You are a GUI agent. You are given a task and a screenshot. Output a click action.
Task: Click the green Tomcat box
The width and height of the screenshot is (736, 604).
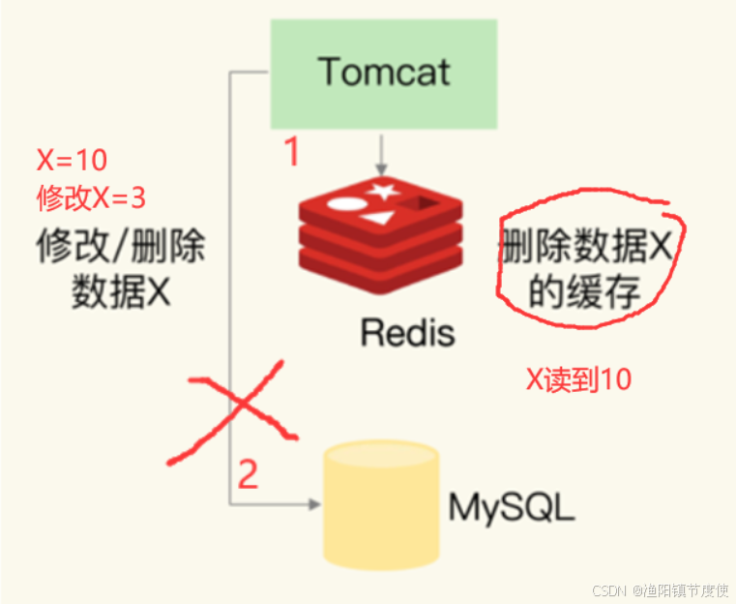tap(384, 74)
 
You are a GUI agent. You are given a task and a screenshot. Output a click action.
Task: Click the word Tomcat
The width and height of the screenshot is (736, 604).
tap(384, 72)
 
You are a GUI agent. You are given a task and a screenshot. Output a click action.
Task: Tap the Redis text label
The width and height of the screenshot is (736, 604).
tap(406, 332)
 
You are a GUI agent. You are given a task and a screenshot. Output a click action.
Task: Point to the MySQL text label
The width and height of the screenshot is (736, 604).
tap(512, 507)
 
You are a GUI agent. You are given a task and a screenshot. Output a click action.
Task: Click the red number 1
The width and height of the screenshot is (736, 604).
tap(291, 153)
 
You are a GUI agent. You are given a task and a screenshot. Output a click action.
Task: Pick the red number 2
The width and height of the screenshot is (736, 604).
tap(249, 474)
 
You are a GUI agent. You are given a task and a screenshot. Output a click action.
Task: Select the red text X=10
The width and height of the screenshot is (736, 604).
tap(72, 161)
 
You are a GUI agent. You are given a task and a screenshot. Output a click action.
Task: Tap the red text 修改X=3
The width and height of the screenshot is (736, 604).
tap(91, 198)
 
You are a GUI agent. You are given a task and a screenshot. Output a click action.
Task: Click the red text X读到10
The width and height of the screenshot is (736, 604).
tap(578, 379)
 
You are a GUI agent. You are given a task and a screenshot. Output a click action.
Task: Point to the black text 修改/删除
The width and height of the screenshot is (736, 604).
tap(121, 249)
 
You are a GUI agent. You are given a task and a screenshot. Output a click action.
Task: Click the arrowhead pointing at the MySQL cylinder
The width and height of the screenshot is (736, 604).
tap(312, 504)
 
